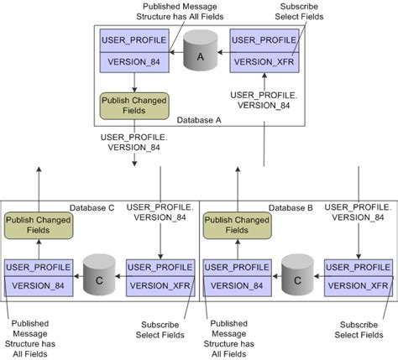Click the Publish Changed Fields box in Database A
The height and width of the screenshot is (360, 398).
point(134,104)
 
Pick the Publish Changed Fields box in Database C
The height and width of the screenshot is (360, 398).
point(37,225)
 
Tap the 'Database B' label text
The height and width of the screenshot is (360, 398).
point(291,206)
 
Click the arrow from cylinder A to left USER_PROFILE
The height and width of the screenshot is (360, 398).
point(178,54)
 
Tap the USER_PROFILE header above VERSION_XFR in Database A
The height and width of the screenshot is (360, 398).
point(264,39)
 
